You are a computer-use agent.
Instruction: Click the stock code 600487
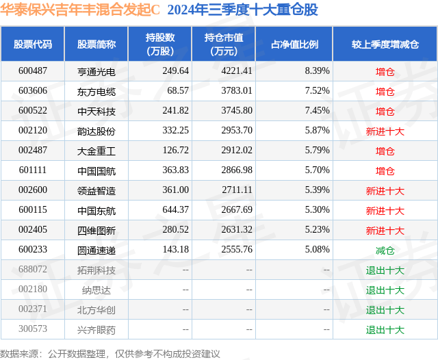coord(33,71)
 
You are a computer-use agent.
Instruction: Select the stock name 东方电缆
coord(96,91)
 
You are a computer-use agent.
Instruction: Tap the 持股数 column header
coord(160,44)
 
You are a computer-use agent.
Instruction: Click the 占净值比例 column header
coord(294,44)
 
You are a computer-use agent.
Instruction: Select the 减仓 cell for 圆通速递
coord(385,250)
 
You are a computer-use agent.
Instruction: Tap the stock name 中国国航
coord(96,171)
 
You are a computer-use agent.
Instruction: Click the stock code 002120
coord(33,131)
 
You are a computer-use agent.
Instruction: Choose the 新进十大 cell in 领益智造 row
coord(385,191)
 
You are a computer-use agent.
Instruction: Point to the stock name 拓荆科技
coord(96,270)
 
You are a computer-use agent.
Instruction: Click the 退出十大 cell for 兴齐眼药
coord(385,330)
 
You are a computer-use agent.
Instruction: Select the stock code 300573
coord(33,330)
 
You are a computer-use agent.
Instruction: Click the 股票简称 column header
coord(96,44)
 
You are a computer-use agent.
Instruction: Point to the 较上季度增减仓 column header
coord(385,44)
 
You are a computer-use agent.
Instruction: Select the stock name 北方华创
coord(96,310)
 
